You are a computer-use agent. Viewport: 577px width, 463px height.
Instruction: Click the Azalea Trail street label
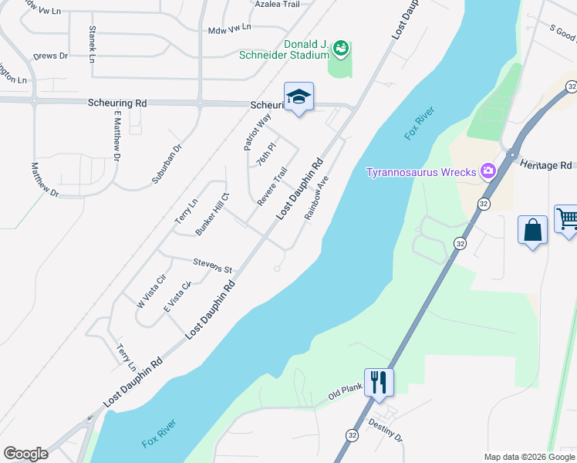coord(277,5)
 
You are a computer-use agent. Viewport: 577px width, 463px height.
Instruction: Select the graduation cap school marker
coord(299,97)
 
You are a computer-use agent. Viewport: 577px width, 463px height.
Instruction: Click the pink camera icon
coord(488,171)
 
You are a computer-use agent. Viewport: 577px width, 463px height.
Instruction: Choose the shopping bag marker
coord(532,230)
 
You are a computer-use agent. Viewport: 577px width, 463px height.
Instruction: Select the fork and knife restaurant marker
coord(379,383)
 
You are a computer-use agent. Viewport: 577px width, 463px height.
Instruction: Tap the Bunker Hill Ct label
coord(213,215)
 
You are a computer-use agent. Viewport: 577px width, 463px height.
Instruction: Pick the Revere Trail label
coord(272,186)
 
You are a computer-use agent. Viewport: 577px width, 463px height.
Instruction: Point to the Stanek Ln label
coord(93,44)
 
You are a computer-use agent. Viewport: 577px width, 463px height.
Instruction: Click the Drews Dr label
coord(51,56)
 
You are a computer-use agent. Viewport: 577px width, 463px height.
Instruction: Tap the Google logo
coord(25,454)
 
